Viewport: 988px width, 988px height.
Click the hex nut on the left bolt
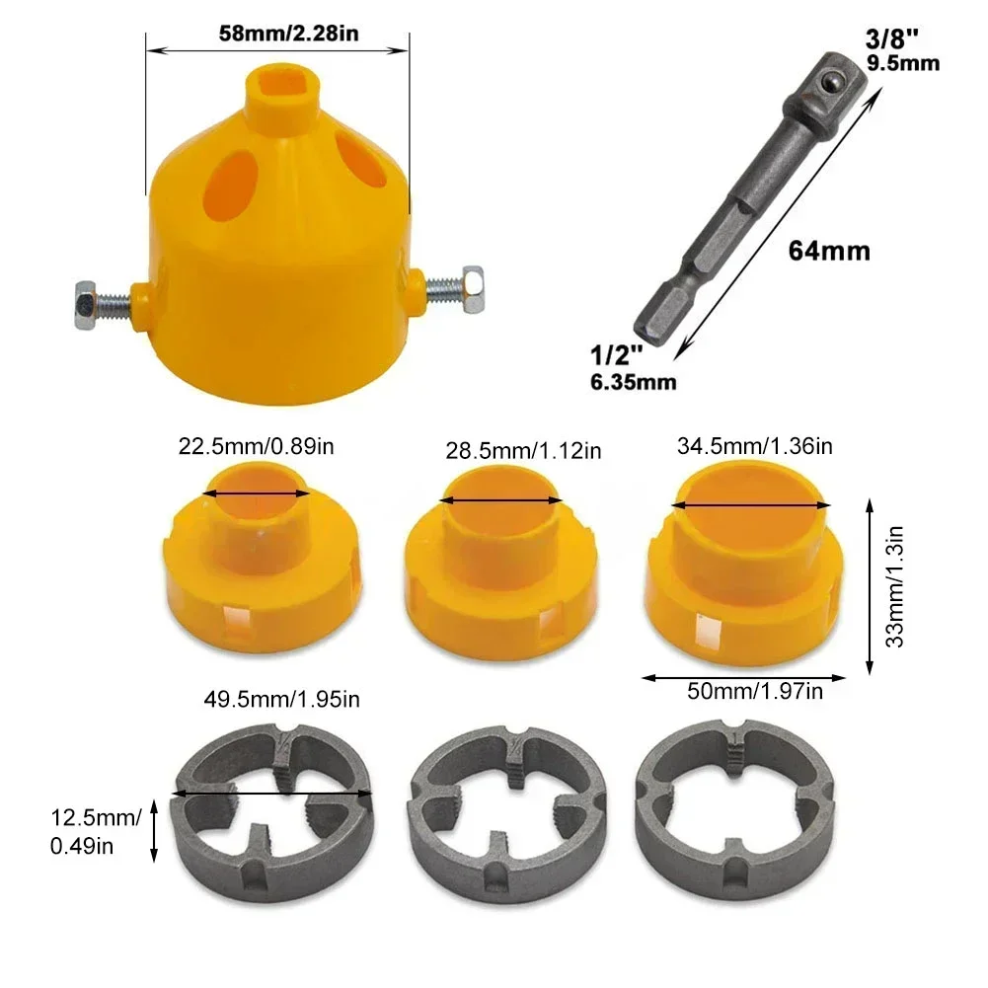pos(83,295)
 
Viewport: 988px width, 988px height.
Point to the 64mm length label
pos(829,252)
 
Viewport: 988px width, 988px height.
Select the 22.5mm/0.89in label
pos(257,446)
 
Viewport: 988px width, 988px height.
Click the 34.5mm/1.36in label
pos(755,446)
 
